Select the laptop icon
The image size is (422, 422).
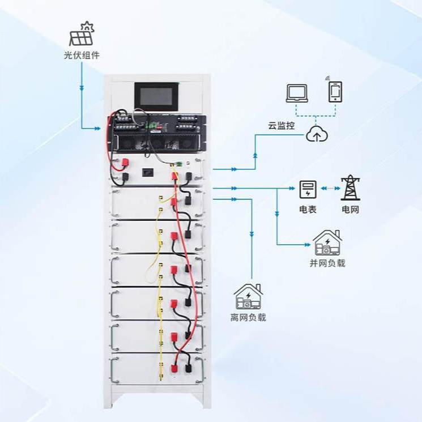tap(297, 93)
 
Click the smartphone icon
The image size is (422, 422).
tap(335, 92)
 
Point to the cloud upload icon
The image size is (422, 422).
tap(314, 134)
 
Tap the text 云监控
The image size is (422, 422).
tap(282, 126)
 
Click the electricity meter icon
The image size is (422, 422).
tap(307, 189)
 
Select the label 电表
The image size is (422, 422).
tap(307, 210)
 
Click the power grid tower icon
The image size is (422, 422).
tap(349, 189)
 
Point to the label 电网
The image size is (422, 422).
tap(349, 210)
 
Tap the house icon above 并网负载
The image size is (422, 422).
tap(327, 243)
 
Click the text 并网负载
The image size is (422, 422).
tap(327, 263)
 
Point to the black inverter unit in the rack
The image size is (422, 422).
tap(155, 135)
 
